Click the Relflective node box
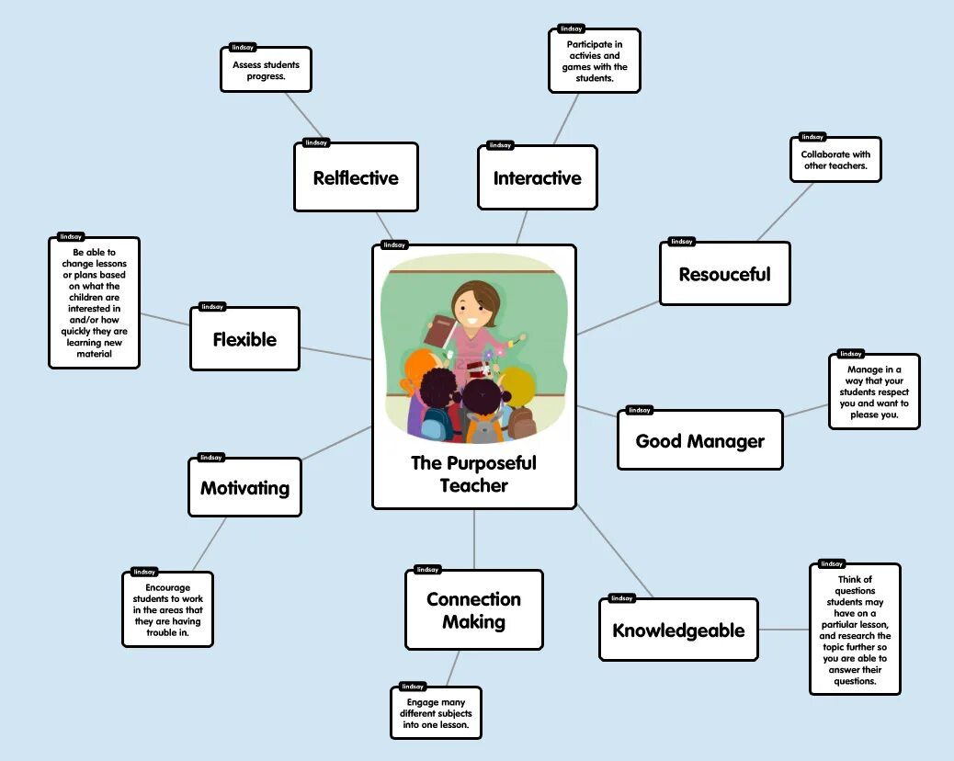tap(356, 177)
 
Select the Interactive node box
tap(537, 177)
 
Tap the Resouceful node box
tap(724, 274)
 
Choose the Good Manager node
tap(699, 440)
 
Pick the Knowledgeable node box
tap(678, 630)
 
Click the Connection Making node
tap(473, 610)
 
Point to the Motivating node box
tap(244, 487)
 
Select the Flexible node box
tap(244, 339)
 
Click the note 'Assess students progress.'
tap(266, 71)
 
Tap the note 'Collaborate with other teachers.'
tap(835, 160)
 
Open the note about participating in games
tap(594, 61)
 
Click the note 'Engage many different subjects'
tap(436, 713)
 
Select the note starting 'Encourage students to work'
tap(167, 609)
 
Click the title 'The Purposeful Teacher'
tap(473, 474)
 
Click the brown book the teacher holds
tap(443, 330)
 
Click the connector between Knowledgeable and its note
tap(783, 630)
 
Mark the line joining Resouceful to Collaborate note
tap(784, 212)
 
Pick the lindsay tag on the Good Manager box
tap(639, 410)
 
